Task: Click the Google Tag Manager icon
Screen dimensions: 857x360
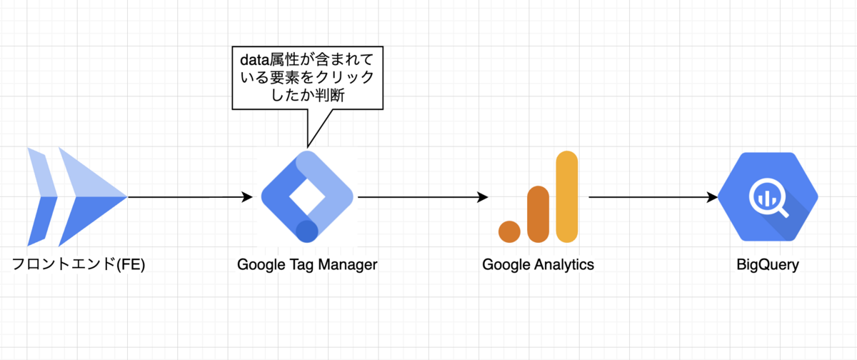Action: [307, 197]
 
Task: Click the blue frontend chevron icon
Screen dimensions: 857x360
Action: [75, 197]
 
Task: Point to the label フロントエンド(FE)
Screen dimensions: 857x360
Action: [79, 265]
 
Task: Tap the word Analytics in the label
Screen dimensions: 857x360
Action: [565, 265]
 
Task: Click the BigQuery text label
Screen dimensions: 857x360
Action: [768, 265]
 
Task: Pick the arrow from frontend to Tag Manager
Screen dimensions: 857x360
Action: [189, 197]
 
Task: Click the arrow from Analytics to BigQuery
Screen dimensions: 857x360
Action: [653, 197]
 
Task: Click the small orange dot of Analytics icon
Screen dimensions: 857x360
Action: [510, 231]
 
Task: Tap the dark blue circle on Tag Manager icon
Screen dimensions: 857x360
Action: [307, 231]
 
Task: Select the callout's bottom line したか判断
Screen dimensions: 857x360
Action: [309, 96]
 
